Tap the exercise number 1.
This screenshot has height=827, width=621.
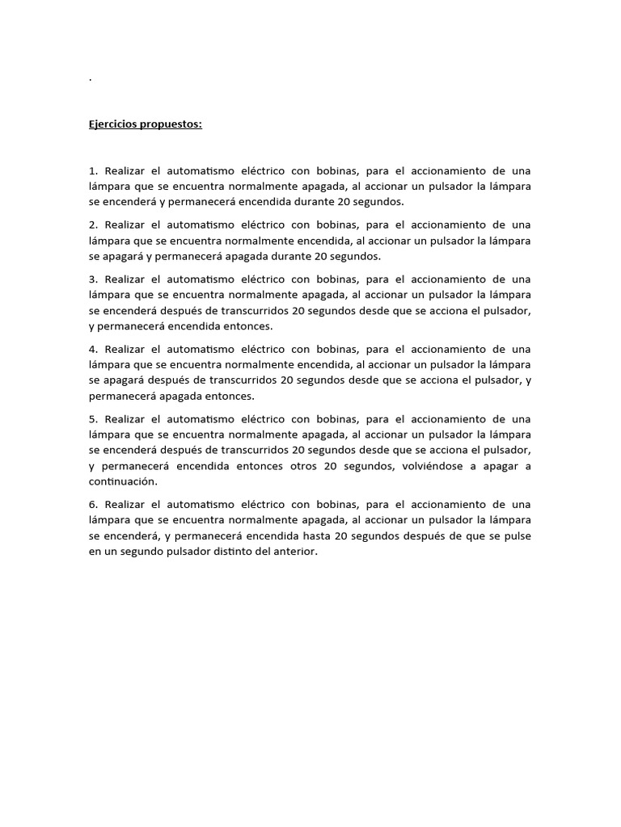tap(92, 170)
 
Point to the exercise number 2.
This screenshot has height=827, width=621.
tap(93, 225)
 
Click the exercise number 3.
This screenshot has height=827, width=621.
tap(93, 279)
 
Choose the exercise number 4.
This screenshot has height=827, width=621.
tap(93, 349)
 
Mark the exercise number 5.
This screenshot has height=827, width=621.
tap(93, 418)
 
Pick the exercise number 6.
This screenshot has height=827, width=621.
tap(93, 505)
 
